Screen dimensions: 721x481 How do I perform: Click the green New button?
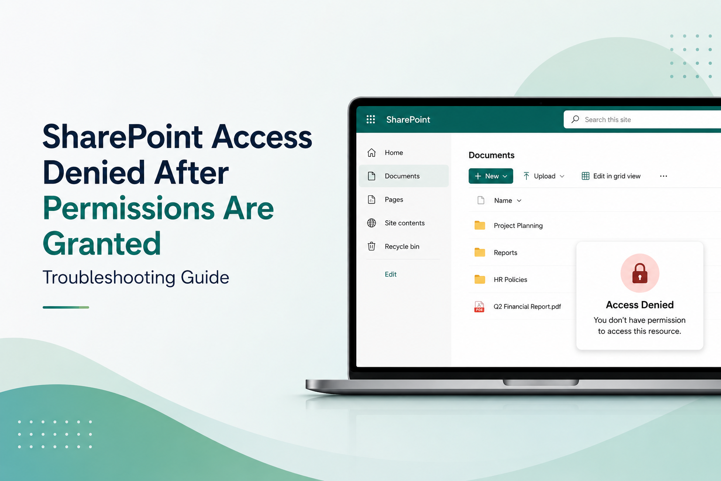coord(491,176)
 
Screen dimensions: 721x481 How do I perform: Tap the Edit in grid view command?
coord(611,176)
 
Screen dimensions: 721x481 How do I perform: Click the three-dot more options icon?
coord(663,176)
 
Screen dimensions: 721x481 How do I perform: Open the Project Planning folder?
coord(518,225)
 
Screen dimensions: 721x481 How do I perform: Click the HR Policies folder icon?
coord(480,279)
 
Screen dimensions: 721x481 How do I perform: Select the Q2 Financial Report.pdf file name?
coord(527,306)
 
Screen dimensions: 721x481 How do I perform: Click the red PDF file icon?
coord(479,307)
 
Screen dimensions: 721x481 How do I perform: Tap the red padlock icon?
coord(640,273)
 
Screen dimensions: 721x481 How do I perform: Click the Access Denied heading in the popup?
coord(640,305)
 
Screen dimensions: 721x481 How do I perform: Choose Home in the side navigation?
coord(394,152)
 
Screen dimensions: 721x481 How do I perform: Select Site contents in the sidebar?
coord(405,223)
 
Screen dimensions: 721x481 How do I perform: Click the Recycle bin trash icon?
coord(371,246)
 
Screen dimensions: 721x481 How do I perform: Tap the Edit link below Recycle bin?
coord(391,274)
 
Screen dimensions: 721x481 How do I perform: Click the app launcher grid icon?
coord(371,119)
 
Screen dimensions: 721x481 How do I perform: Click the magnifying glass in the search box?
coord(575,119)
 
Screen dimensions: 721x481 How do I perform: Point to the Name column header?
coord(503,201)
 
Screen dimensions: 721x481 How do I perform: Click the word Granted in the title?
coord(102,243)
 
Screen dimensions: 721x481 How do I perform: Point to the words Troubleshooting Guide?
coord(136,278)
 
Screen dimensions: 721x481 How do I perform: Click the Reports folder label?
coord(506,253)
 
